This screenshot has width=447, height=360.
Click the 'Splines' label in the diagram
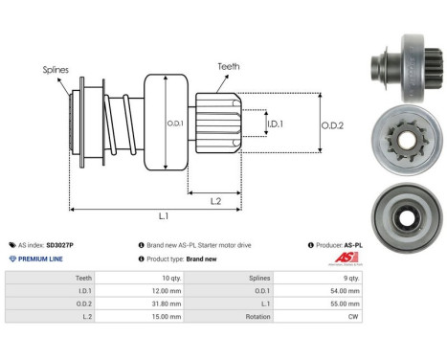[55, 69]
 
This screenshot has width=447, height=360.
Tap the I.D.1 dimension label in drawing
[274, 124]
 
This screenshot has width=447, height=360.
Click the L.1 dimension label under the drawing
[164, 218]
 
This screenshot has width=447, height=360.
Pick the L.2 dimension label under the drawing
[216, 200]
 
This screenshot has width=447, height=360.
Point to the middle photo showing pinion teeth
[402, 127]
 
